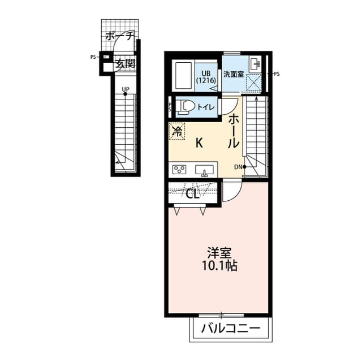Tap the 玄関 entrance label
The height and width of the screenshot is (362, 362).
click(x=125, y=63)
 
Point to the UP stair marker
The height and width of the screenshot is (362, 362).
click(x=125, y=89)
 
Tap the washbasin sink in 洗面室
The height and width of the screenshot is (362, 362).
click(x=254, y=64)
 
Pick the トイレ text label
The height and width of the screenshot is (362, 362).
click(x=205, y=106)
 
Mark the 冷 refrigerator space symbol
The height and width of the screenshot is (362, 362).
click(x=177, y=131)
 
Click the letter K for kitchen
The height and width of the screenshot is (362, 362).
click(x=199, y=143)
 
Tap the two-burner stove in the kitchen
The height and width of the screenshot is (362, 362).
click(x=180, y=169)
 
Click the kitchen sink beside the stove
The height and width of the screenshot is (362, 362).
click(x=204, y=169)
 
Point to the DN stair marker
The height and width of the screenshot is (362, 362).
click(x=239, y=167)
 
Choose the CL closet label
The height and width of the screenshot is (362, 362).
click(x=193, y=195)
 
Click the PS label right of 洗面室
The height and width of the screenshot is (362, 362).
click(x=277, y=74)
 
